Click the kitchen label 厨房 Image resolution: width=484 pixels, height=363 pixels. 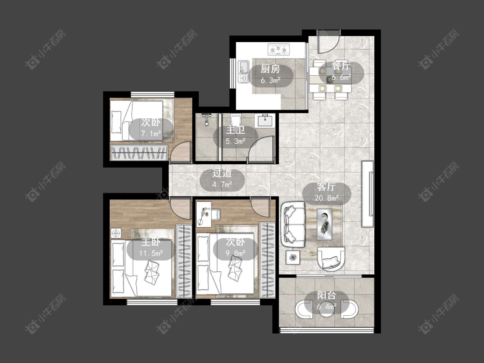(271, 69)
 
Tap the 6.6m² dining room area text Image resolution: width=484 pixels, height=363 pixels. (342, 77)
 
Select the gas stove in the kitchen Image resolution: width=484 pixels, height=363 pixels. (279, 49)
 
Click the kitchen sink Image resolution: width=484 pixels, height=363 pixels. (244, 72)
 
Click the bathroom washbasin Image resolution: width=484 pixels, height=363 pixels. (265, 120)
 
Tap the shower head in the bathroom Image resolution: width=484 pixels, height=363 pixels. (206, 119)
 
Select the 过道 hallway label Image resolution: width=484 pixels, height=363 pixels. (222, 173)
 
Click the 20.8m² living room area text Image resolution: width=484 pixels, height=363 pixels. (327, 197)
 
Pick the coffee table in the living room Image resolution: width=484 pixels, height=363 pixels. (324, 224)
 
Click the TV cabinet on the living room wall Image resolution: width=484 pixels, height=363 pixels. (367, 194)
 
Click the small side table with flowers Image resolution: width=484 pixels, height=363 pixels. (293, 257)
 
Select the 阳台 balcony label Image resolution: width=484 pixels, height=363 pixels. (327, 295)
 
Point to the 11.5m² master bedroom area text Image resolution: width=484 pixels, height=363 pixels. (151, 253)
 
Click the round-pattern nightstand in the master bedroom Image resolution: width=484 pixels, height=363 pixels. (116, 234)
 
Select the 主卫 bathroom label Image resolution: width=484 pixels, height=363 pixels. (235, 130)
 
